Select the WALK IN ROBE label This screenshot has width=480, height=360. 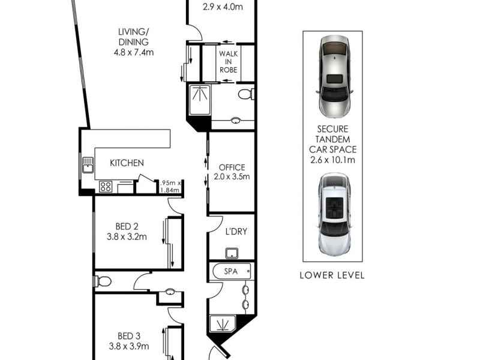click(228, 62)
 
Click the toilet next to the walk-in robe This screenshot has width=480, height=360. click(246, 94)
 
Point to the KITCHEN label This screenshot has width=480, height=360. click(127, 163)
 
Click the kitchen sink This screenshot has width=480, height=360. click(88, 164)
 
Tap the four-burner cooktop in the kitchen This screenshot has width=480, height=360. click(106, 187)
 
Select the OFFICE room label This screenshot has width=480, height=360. click(232, 167)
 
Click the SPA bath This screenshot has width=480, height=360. click(231, 272)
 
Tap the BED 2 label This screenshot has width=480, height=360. click(127, 226)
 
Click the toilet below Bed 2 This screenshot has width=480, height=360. click(103, 281)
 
